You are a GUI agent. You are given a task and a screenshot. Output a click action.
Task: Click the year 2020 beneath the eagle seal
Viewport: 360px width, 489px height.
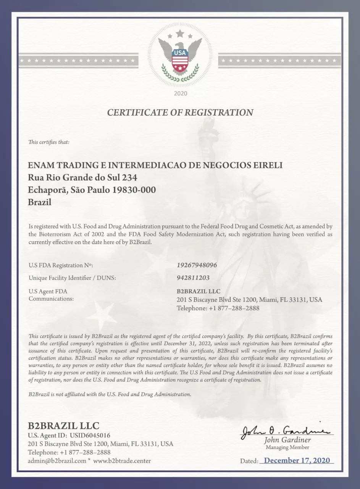(x=180, y=93)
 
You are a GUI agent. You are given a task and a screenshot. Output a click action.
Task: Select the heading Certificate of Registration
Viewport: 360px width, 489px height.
(x=180, y=112)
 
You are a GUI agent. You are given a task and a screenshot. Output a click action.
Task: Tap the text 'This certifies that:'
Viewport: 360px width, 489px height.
(x=49, y=142)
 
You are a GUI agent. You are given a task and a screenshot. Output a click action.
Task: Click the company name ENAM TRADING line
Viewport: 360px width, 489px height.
(x=155, y=165)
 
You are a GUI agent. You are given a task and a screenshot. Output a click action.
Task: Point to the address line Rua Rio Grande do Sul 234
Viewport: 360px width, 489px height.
(x=82, y=178)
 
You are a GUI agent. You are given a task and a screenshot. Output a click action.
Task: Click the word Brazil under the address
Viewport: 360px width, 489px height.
(x=40, y=202)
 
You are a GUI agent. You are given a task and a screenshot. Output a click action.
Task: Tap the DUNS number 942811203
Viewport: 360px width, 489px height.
(x=193, y=278)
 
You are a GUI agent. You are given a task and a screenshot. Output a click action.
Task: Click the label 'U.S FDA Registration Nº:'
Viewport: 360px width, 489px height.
(x=61, y=265)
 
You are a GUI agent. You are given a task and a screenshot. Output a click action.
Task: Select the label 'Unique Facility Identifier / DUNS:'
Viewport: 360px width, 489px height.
(x=72, y=278)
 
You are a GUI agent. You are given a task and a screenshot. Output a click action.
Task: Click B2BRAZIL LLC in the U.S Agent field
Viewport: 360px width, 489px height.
(x=199, y=291)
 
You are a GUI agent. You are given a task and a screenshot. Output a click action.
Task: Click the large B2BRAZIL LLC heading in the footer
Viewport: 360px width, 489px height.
(x=63, y=426)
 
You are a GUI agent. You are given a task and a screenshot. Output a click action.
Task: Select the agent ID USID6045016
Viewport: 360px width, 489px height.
(x=90, y=436)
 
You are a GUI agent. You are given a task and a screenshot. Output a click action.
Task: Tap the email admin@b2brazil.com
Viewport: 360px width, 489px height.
(x=57, y=461)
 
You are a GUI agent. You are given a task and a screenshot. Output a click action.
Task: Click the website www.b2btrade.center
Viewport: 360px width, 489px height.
(x=122, y=461)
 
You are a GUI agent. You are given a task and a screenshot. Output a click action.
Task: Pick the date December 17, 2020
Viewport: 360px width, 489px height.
(x=297, y=460)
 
